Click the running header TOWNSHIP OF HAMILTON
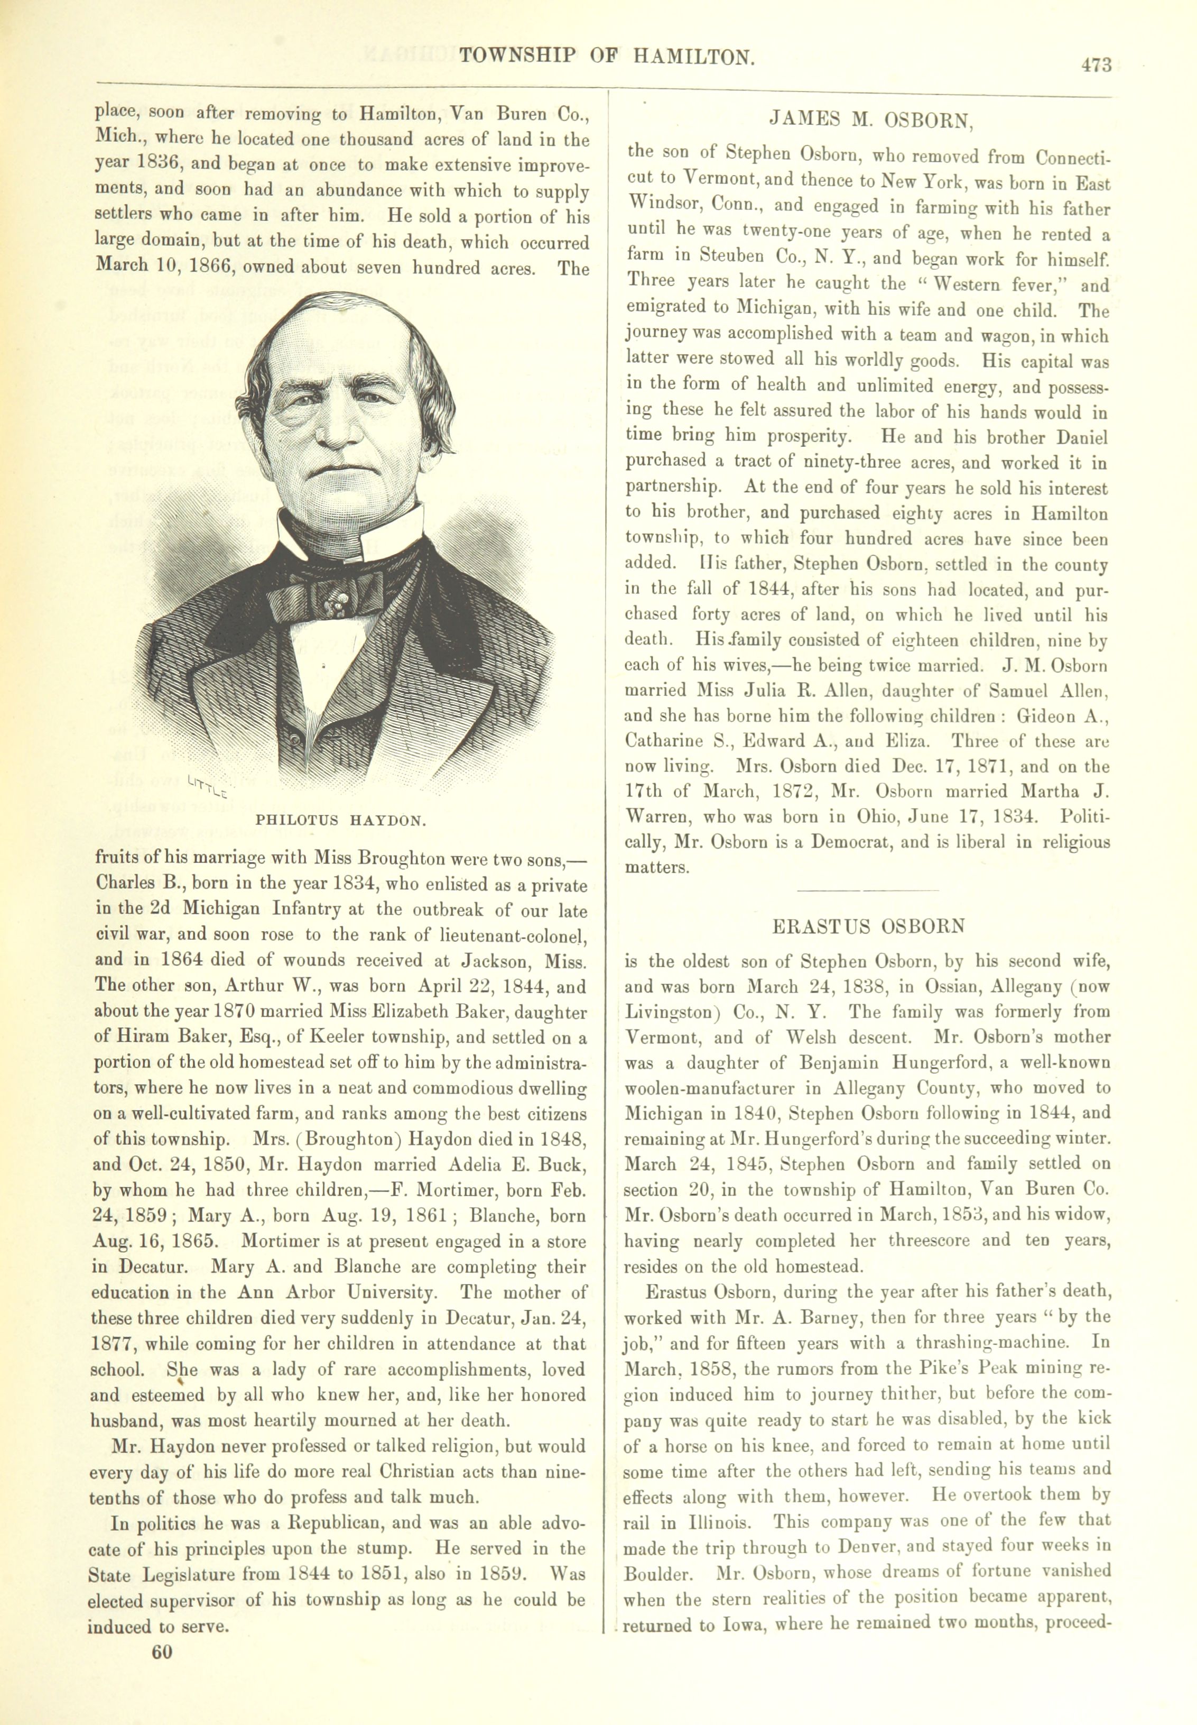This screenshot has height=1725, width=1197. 606,56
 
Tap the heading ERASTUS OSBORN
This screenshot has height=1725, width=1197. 868,926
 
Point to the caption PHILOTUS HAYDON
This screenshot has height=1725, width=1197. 341,820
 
